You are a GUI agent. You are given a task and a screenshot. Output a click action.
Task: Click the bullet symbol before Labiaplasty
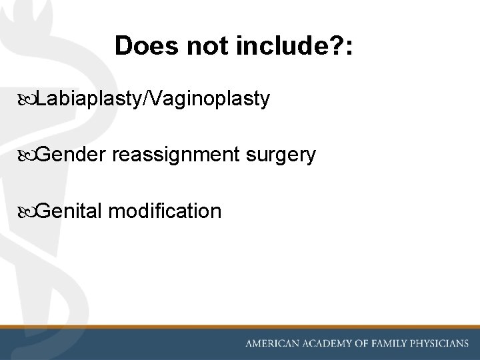27,100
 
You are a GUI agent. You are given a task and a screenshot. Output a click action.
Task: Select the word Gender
71,155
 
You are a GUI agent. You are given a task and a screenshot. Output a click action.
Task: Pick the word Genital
69,211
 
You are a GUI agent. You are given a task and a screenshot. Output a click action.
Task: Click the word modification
164,211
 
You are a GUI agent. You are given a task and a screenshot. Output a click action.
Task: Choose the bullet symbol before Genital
27,212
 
